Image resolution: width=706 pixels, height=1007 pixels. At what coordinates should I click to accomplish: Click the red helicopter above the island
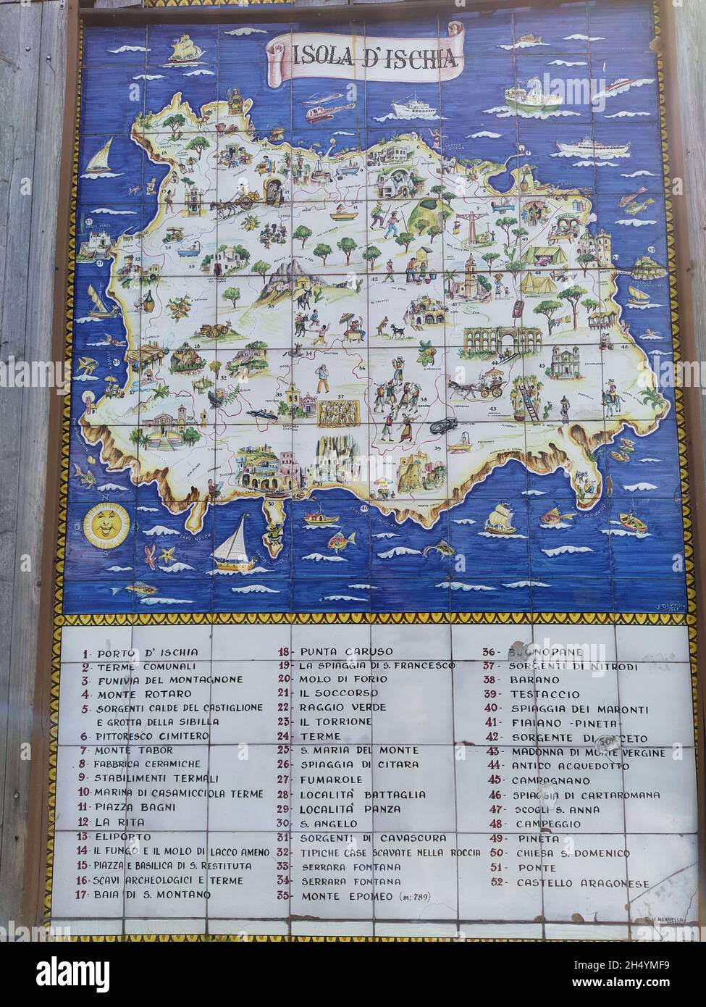(319, 111)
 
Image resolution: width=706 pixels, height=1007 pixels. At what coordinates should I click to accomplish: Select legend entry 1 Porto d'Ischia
(140, 652)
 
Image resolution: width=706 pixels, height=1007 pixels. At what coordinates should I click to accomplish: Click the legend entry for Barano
(535, 680)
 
